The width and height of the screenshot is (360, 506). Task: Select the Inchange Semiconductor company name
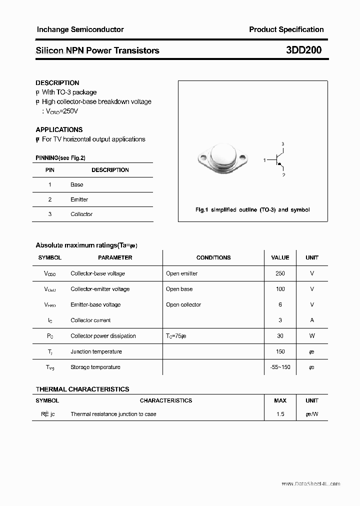[80, 29]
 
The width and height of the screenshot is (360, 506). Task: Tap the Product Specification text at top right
[286, 29]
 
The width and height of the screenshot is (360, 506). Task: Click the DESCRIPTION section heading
[57, 83]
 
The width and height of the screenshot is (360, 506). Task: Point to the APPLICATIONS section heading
[59, 129]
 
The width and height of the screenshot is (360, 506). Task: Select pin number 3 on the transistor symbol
[283, 144]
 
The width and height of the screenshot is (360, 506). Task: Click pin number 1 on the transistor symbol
[264, 160]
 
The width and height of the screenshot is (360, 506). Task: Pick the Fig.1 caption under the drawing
[252, 210]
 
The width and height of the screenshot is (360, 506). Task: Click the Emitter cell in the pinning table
[79, 199]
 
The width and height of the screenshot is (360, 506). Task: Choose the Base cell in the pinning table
[76, 184]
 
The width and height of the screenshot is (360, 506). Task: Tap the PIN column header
[50, 170]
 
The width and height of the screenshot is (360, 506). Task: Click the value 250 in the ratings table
[280, 273]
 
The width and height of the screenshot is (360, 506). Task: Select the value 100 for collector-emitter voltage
[280, 289]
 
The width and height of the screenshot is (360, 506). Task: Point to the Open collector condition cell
[183, 304]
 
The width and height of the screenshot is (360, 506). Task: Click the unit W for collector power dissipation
[312, 336]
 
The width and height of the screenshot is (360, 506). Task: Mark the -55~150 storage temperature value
[280, 367]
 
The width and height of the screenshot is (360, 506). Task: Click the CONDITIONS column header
[213, 257]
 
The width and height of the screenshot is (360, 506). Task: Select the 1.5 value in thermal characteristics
[280, 414]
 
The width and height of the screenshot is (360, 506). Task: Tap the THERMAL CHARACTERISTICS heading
[82, 389]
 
